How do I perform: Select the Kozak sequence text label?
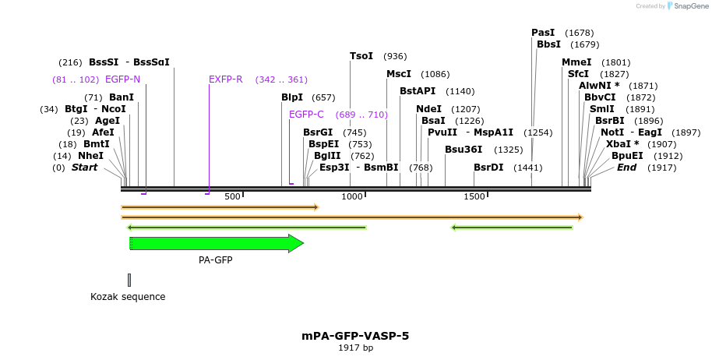pos(128,297)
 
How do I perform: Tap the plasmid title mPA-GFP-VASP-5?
pos(355,336)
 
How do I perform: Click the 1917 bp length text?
pos(355,348)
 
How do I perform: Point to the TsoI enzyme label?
pos(361,56)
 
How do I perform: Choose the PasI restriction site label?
pos(543,33)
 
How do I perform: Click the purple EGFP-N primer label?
pos(122,79)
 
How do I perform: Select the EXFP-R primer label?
pos(226,79)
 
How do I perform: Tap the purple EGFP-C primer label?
pos(306,115)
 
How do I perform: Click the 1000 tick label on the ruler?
pos(352,196)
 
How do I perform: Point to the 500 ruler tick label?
pos(232,196)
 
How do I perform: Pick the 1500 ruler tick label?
pos(474,196)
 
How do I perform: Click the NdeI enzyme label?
pos(428,109)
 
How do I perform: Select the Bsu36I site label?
pos(464,150)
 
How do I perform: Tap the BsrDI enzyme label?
pos(488,168)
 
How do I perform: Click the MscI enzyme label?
pos(399,74)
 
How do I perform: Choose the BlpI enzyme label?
pos(292,97)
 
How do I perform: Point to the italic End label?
pos(626,168)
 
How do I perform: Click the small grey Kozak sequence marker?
pos(129,280)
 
